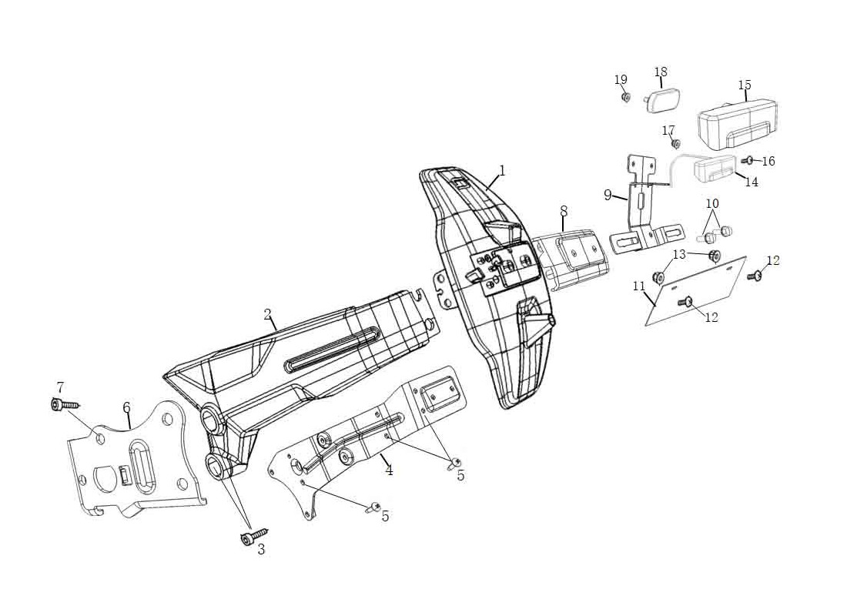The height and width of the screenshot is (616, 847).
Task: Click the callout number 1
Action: click(x=502, y=170)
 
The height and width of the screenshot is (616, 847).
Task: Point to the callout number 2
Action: click(x=267, y=314)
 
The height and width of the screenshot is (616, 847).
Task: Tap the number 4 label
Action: click(x=390, y=470)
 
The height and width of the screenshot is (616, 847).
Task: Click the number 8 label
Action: click(x=564, y=209)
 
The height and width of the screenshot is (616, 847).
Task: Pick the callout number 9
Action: click(x=608, y=195)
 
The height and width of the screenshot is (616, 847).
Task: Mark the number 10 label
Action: click(x=712, y=203)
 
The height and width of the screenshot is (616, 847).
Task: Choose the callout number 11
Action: click(x=639, y=286)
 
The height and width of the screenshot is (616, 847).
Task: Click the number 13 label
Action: click(x=679, y=254)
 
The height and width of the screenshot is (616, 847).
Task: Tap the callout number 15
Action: click(x=745, y=85)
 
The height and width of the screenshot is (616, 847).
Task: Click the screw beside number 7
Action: click(x=63, y=404)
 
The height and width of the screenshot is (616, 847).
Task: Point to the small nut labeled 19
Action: click(x=626, y=98)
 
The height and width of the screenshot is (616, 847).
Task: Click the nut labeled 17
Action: click(x=676, y=144)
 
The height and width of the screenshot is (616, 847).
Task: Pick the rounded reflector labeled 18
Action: click(x=661, y=101)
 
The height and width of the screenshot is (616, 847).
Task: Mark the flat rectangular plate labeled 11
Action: click(x=697, y=293)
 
